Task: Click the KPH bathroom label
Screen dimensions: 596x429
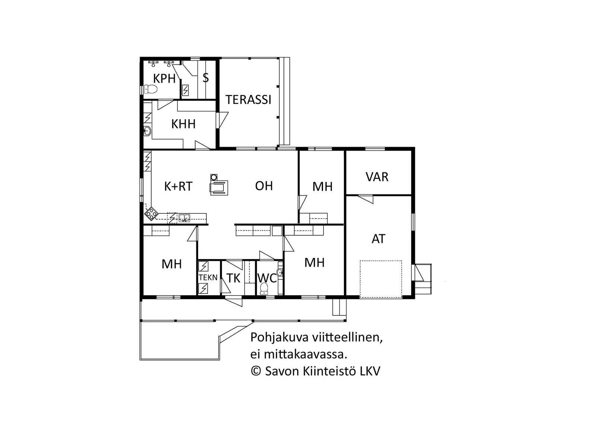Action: coord(164,79)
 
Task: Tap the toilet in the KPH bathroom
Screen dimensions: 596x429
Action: coord(150,89)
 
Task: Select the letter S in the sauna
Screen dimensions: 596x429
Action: coord(205,78)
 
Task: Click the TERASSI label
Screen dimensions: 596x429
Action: coord(248,100)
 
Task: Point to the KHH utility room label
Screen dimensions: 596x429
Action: coord(183,124)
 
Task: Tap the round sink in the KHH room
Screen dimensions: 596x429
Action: coord(147,131)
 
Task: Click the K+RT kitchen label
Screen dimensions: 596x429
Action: coord(178,187)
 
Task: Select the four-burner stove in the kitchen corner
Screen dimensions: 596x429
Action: coord(151,214)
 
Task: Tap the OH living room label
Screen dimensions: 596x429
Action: coord(264,186)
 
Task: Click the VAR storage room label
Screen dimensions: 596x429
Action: coord(377,177)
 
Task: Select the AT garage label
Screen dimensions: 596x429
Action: coord(378,239)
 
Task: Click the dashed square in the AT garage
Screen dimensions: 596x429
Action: coord(381,279)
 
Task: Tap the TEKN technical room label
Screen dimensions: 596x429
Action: coord(208,278)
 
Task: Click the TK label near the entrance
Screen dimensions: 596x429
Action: coord(233,278)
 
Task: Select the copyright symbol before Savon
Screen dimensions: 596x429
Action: coord(256,371)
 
